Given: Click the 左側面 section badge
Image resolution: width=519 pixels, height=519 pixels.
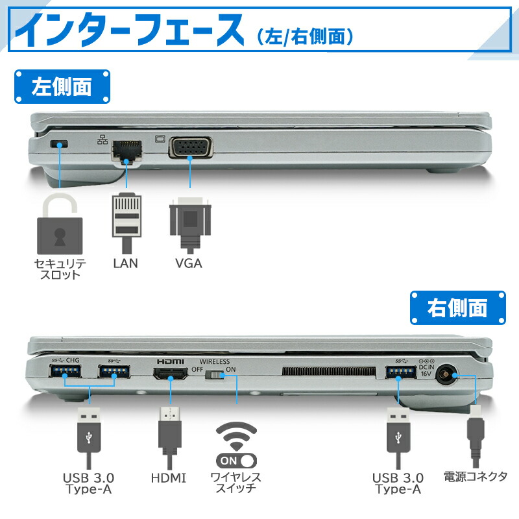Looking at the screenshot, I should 62,87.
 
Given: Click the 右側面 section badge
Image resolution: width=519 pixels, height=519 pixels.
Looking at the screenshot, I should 458,307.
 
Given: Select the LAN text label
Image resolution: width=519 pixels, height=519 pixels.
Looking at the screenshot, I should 125,263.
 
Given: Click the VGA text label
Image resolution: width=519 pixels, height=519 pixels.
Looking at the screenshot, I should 189,263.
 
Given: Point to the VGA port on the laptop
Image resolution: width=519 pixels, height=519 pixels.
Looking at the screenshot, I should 190,147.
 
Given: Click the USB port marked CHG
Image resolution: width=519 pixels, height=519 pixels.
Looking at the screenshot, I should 65,372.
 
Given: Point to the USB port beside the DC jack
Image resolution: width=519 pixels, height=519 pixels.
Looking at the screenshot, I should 400,372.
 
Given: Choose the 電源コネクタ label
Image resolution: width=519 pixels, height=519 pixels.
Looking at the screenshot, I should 475,477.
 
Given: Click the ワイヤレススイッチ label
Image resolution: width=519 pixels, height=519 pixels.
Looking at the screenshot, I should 235,483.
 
